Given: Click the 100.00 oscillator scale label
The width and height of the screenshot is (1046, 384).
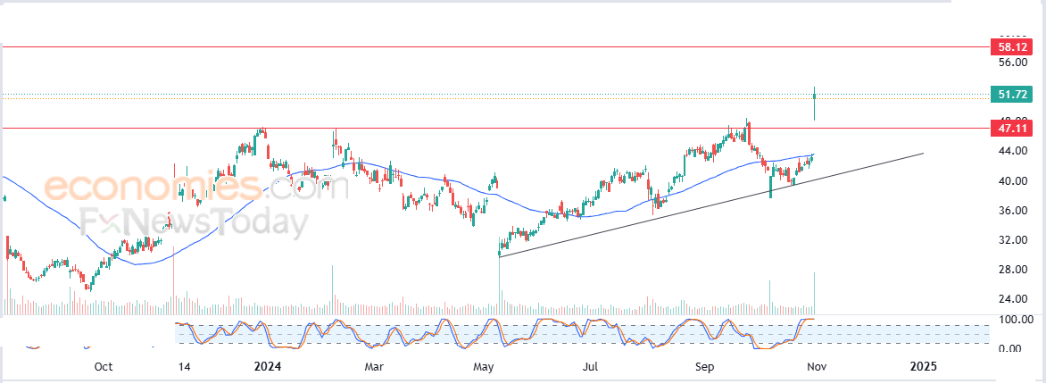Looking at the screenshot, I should [x=1015, y=320].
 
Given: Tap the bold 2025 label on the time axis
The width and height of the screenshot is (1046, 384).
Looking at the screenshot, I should [x=923, y=366].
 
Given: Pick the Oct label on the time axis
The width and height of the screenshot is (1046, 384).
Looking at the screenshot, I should [x=104, y=366].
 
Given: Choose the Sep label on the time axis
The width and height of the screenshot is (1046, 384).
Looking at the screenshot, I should [x=705, y=366].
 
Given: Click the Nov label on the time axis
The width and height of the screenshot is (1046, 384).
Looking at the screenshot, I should [x=813, y=366].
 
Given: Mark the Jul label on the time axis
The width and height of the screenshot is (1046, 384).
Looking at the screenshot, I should [x=591, y=366].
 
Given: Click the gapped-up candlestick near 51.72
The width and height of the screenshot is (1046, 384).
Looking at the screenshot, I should [x=815, y=103].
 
